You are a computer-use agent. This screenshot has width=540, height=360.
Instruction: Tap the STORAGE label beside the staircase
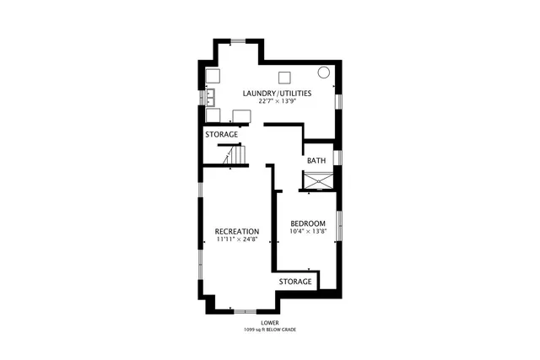pos(221,135)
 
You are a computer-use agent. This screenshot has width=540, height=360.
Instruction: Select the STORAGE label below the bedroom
pos(295,282)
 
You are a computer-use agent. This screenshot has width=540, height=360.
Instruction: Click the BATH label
pos(316,161)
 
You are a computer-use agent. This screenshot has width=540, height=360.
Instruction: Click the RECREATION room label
pos(236,231)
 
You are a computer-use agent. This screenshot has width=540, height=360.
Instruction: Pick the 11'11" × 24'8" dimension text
pos(236,239)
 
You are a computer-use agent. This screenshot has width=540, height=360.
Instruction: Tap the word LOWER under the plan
pos(271,323)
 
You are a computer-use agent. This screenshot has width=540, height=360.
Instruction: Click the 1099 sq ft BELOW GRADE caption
pos(271,330)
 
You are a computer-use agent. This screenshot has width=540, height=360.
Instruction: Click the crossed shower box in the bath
pos(319,180)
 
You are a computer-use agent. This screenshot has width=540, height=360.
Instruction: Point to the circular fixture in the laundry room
pos(324,73)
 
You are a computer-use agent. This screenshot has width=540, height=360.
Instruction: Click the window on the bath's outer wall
pos(337,158)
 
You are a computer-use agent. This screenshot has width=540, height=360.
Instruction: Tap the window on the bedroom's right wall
pos(339,225)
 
